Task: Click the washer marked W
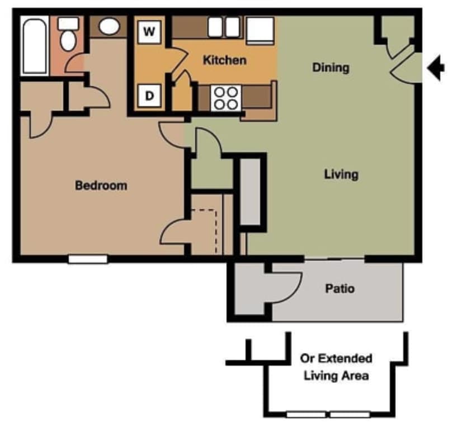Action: [x=149, y=31]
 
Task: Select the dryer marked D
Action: [x=149, y=96]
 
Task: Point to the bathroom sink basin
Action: [x=109, y=26]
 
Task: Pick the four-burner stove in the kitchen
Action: [x=225, y=98]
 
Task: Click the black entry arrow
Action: [x=436, y=68]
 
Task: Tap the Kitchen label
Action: [x=224, y=60]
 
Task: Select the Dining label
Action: [x=331, y=68]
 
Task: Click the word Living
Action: [x=341, y=174]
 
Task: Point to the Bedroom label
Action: [x=101, y=185]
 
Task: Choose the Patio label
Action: [x=340, y=289]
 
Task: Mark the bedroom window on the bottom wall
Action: [x=88, y=259]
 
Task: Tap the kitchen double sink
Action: [x=223, y=27]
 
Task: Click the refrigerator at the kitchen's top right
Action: [x=260, y=30]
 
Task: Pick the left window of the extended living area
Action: [x=305, y=415]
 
